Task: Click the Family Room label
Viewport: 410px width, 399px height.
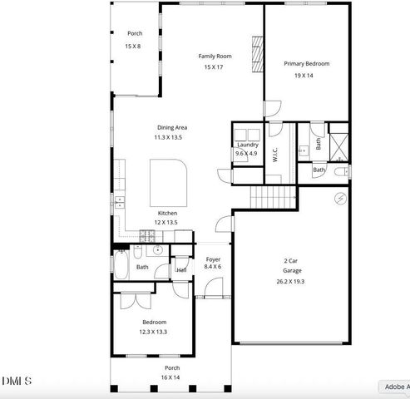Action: point(215,57)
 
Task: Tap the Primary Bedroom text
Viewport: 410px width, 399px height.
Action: point(306,64)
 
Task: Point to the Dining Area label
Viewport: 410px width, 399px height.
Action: point(172,127)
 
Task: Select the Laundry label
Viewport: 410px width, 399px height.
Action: point(248,145)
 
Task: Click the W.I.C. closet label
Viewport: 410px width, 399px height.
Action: point(275,155)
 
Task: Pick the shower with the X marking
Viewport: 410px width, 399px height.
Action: point(338,142)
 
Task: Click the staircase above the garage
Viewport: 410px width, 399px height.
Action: point(273,197)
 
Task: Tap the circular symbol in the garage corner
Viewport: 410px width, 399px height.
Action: point(338,197)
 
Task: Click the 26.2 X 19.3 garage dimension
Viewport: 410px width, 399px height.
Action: point(292,282)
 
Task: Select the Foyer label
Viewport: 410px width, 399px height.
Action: point(213,259)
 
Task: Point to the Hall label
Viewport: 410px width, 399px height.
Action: point(181,269)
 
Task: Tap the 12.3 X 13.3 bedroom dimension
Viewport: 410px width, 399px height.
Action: point(154,332)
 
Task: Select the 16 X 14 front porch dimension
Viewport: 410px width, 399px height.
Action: point(171,377)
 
